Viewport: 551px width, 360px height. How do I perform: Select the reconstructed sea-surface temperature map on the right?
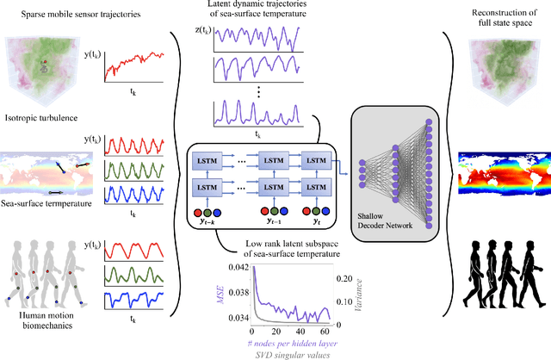point(494,178)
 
